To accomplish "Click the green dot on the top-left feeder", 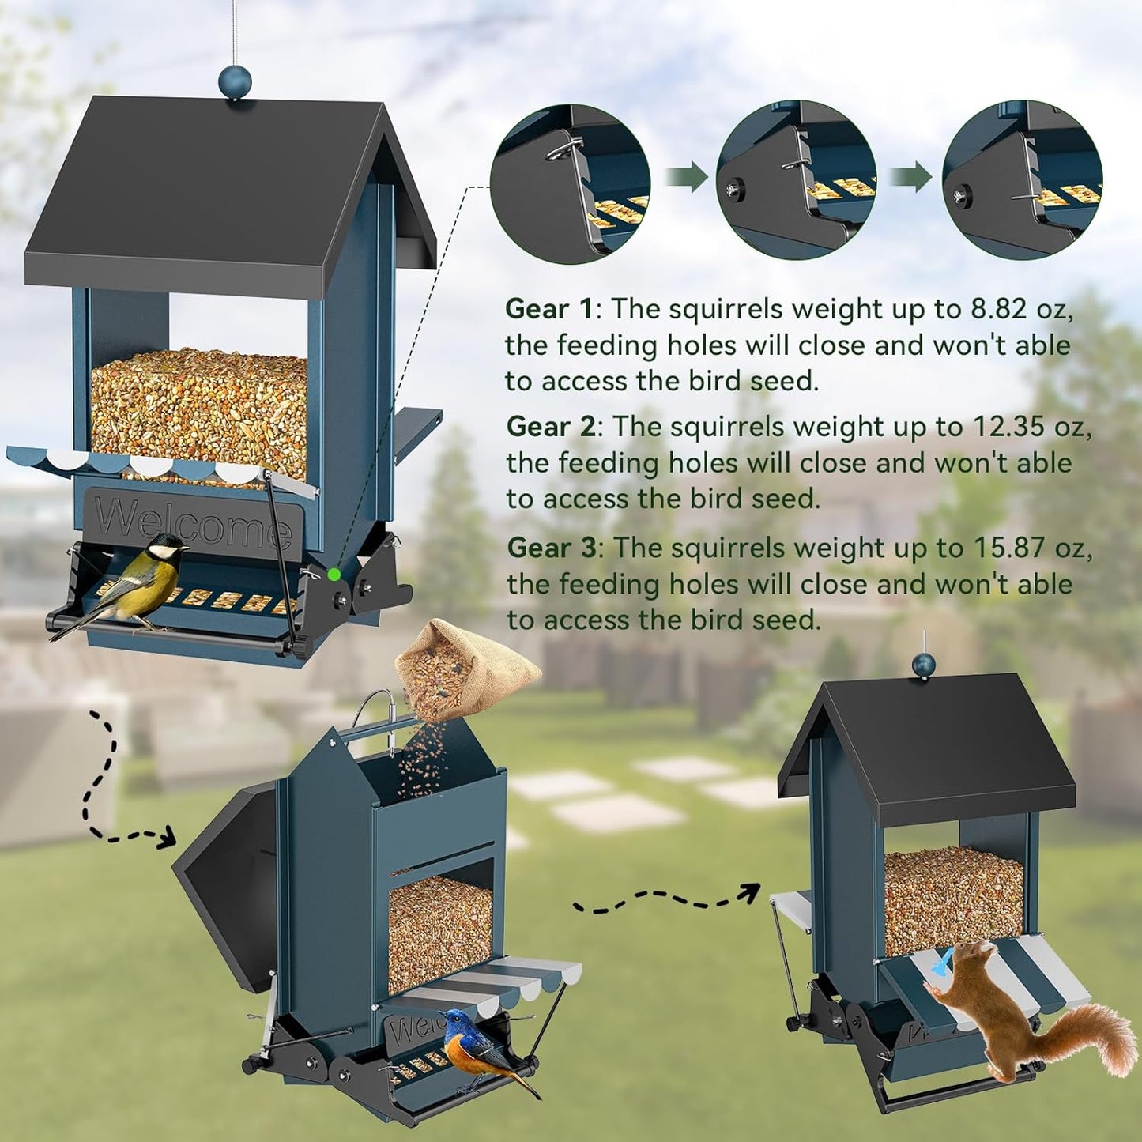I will (x=334, y=575).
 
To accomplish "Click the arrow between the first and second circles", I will (x=685, y=176).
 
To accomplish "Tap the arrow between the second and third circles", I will (x=911, y=176).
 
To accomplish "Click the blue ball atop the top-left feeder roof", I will (x=235, y=81).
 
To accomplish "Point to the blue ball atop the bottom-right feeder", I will (x=923, y=665).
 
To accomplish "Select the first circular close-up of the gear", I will (x=570, y=184).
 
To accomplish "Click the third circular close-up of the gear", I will (x=1022, y=179).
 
